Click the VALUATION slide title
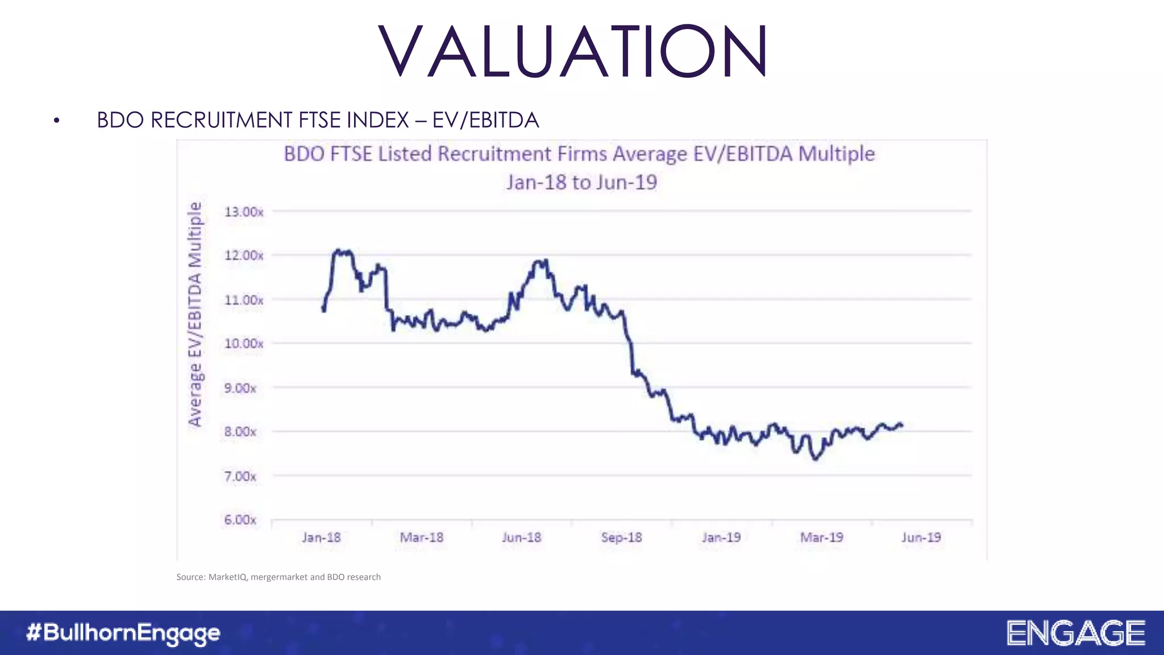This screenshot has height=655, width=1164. [x=573, y=51]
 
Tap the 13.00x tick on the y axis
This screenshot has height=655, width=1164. [x=244, y=212]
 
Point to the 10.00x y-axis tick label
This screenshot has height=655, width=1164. [x=244, y=343]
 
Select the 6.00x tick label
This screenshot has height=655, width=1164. [x=240, y=520]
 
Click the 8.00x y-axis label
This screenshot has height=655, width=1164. [x=240, y=432]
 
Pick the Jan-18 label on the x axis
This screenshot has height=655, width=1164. [x=321, y=537]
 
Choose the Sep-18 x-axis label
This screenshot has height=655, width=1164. [x=621, y=537]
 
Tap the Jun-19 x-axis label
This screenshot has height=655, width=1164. [x=921, y=537]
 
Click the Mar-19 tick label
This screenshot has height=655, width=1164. [x=821, y=537]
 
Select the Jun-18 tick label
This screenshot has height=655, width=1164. [x=521, y=537]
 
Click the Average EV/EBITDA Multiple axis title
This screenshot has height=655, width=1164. [x=195, y=314]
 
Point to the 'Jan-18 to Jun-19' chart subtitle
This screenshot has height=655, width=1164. [x=581, y=183]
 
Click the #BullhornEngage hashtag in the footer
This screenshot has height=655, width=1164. [x=123, y=633]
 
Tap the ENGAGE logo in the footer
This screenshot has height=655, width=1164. [x=1075, y=633]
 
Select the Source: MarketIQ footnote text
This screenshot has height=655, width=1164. [x=278, y=577]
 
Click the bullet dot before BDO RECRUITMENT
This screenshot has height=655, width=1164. [x=56, y=121]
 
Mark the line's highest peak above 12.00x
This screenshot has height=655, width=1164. [x=339, y=250]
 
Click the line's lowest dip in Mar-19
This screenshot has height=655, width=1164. [x=816, y=458]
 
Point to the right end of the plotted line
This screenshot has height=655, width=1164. [x=902, y=425]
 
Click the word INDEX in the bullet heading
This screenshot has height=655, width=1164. [x=378, y=121]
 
